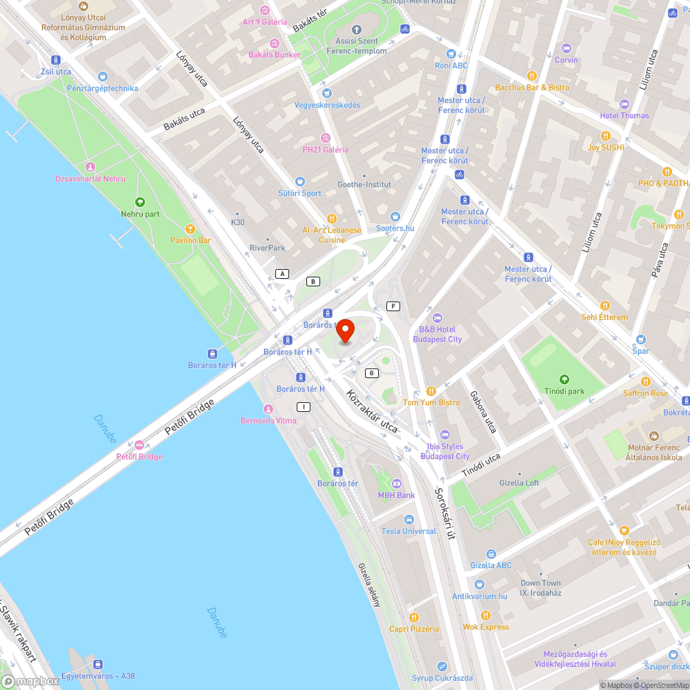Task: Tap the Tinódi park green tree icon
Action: coord(565,379)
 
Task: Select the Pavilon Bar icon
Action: coord(190,228)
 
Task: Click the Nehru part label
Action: coord(140,214)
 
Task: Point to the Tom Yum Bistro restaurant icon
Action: coord(431,391)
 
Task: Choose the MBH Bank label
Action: coord(396,495)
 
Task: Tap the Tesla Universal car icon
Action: coord(409,519)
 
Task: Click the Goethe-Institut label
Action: coord(364,184)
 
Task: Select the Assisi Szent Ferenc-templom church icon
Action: coord(357,30)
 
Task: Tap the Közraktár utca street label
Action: coord(372,413)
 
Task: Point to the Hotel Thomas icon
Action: coord(624,103)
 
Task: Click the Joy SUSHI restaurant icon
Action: coord(605,135)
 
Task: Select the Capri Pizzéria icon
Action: coord(414,617)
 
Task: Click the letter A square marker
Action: coord(282,274)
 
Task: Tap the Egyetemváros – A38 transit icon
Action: coord(98,664)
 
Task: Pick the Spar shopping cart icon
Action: coord(641,339)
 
